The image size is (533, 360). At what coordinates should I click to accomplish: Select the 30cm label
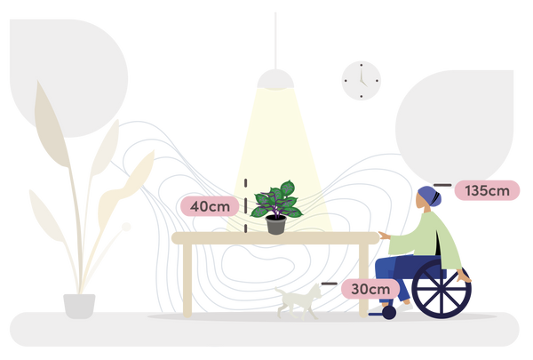(370, 289)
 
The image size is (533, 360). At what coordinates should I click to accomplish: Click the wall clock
(361, 80)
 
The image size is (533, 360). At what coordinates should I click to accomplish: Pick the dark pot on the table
(275, 226)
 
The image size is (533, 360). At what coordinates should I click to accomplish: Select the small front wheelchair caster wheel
(387, 313)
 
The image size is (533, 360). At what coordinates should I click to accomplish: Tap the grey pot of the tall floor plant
(79, 304)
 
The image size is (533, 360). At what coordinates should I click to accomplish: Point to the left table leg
(187, 280)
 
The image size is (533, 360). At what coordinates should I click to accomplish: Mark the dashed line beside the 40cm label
(243, 204)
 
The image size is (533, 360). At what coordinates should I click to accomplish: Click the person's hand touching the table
(382, 235)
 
